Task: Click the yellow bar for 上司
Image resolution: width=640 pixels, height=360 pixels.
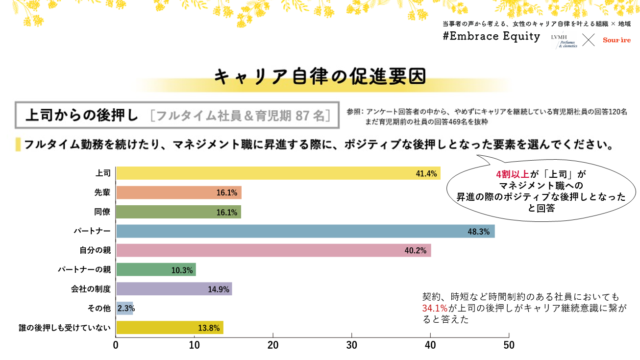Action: (278, 173)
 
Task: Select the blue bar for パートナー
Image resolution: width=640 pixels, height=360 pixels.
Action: (305, 231)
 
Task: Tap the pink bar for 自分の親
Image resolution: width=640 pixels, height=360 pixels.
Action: (273, 250)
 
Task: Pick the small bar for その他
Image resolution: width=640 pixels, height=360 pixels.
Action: (124, 309)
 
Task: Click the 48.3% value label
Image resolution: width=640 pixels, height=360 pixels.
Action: (479, 232)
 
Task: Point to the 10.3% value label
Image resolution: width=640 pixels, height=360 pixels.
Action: (182, 270)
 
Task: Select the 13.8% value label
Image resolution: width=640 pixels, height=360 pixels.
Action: (209, 328)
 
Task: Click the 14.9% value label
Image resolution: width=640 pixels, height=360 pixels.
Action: (219, 289)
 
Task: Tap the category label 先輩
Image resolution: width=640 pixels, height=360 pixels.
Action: (102, 192)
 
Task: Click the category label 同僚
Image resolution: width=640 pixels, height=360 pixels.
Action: (102, 212)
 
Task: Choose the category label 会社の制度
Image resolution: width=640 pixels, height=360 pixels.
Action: (91, 289)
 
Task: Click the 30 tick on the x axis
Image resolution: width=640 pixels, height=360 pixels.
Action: (352, 345)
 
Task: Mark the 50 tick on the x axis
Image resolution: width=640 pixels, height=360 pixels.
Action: (509, 345)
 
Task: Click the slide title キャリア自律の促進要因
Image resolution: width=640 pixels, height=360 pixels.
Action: (320, 76)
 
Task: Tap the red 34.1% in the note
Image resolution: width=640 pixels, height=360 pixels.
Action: (435, 308)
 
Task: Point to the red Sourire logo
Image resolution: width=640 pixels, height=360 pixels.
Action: (616, 40)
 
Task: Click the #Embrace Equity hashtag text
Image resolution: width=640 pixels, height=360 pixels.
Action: (491, 37)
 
